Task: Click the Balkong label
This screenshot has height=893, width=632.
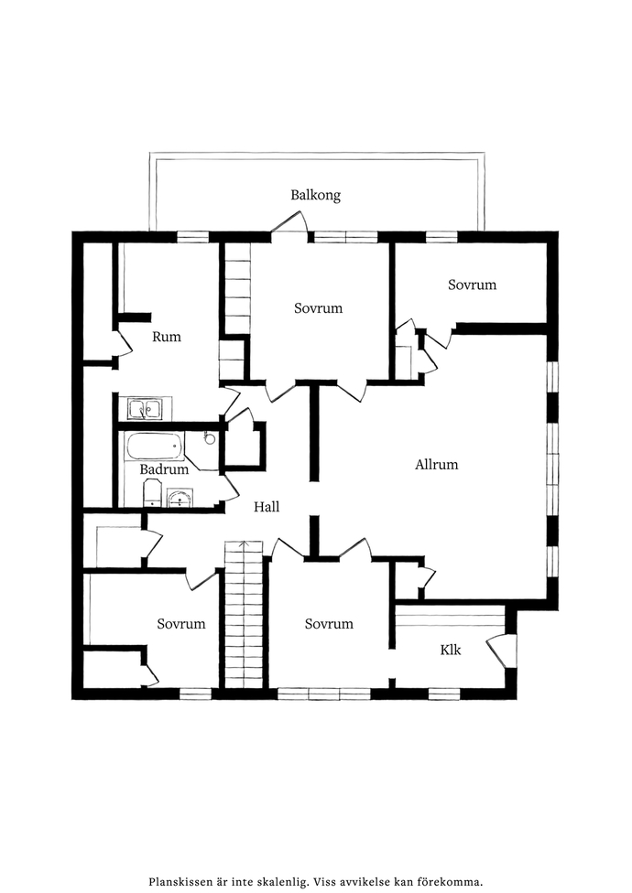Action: (x=316, y=196)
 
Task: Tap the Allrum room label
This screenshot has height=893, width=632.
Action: (x=437, y=465)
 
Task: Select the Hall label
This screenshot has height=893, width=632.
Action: (x=267, y=507)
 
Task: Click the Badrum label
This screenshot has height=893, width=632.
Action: (x=164, y=470)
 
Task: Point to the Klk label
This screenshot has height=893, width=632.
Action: (x=451, y=650)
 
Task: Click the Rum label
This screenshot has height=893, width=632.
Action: (x=167, y=337)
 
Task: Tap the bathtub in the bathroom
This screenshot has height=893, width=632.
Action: (x=155, y=446)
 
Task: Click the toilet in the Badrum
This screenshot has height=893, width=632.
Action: (x=153, y=492)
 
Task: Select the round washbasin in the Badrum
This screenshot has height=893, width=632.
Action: (x=180, y=499)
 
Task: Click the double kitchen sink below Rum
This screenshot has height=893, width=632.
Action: (x=144, y=409)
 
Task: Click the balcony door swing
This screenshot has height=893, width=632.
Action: (x=289, y=224)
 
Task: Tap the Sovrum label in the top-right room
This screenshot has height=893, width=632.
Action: (x=472, y=285)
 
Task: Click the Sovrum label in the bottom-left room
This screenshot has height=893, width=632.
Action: (x=181, y=624)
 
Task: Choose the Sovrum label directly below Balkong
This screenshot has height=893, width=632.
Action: (x=318, y=308)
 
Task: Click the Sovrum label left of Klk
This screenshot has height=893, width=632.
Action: (x=329, y=624)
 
